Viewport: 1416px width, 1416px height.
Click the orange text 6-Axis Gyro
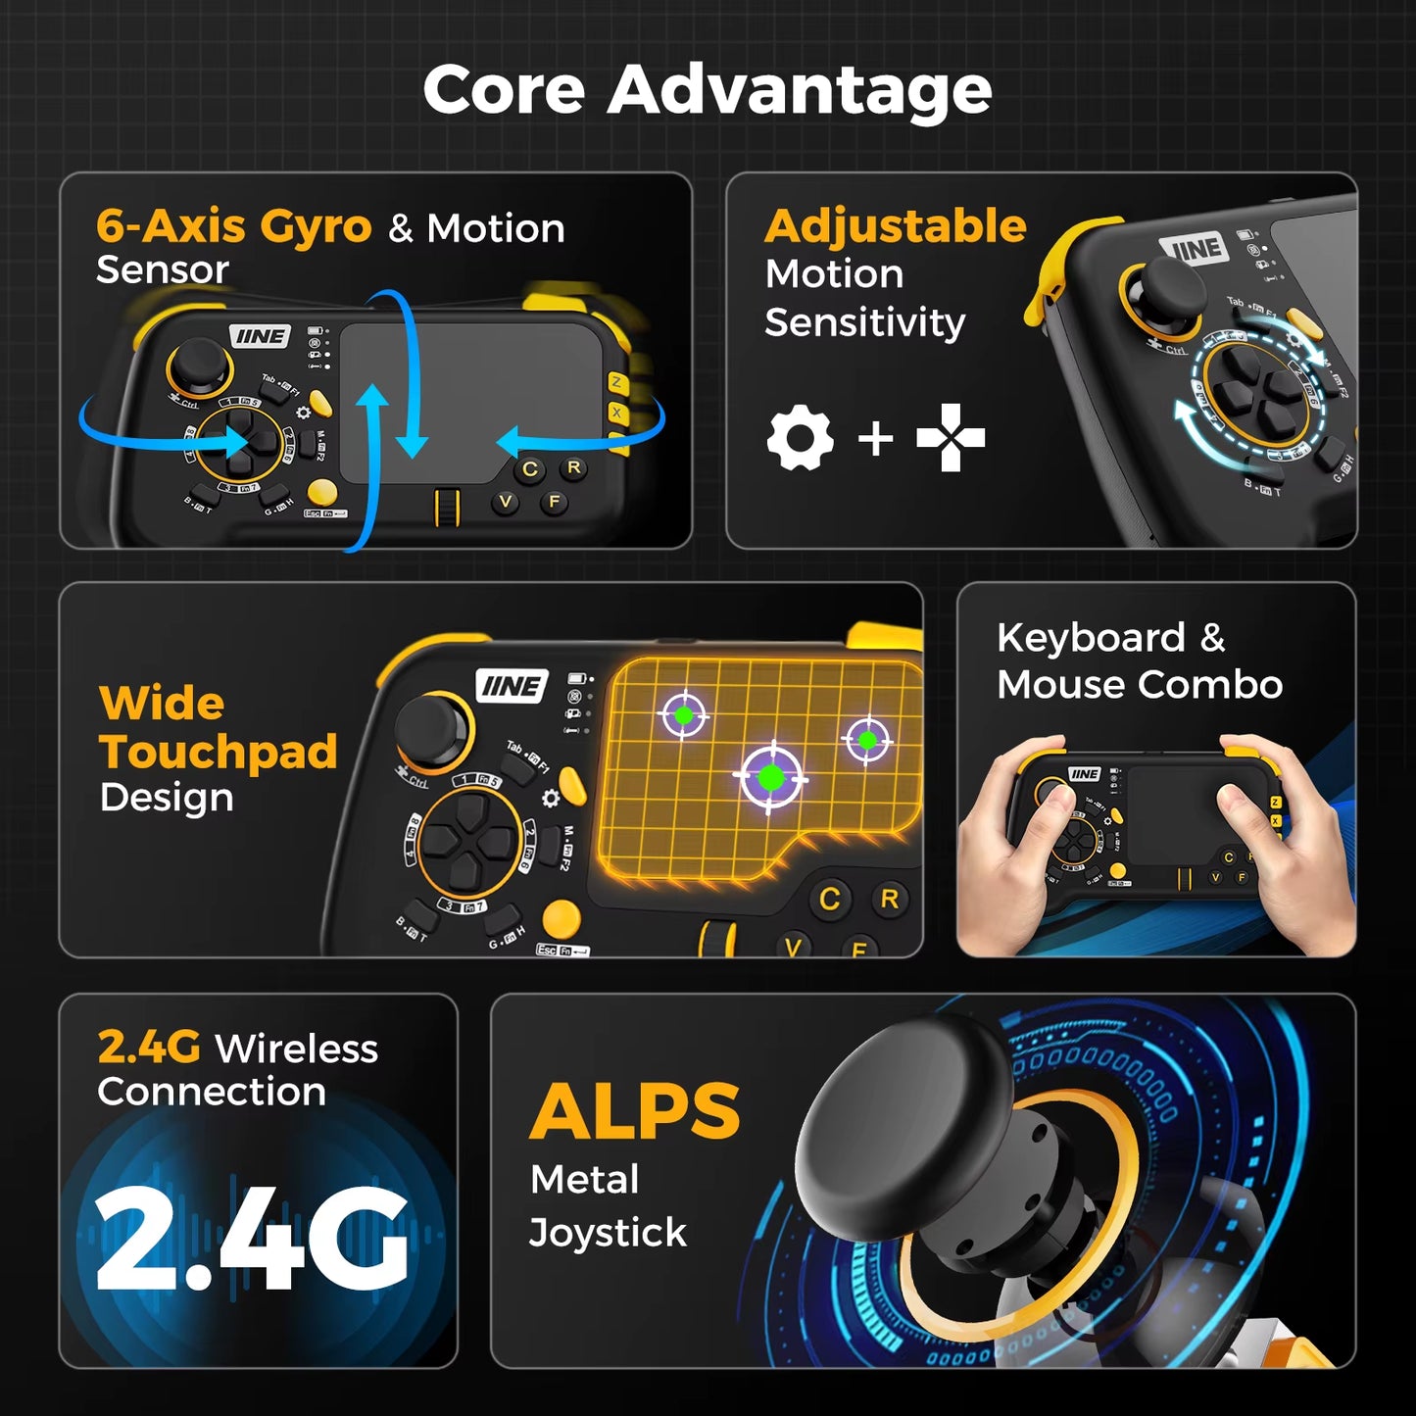click(233, 226)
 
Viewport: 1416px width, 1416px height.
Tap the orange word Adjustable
click(895, 226)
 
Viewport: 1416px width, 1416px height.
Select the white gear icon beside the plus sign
click(800, 438)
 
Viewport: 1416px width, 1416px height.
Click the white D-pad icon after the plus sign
click(951, 438)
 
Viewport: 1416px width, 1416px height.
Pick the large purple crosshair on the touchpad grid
click(771, 777)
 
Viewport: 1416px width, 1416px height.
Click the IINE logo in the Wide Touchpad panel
click(512, 686)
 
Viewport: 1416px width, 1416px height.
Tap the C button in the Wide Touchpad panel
click(830, 900)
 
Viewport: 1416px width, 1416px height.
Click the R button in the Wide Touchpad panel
click(890, 899)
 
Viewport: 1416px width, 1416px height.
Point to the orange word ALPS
click(635, 1112)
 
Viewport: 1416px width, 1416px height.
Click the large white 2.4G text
click(251, 1241)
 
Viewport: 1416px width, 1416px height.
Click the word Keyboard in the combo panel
click(1091, 638)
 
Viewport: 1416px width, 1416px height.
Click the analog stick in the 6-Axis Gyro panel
click(199, 366)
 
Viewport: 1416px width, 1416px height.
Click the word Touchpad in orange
click(219, 752)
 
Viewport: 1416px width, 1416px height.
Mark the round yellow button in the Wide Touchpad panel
click(562, 918)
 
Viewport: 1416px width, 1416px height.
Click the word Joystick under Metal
click(608, 1233)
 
